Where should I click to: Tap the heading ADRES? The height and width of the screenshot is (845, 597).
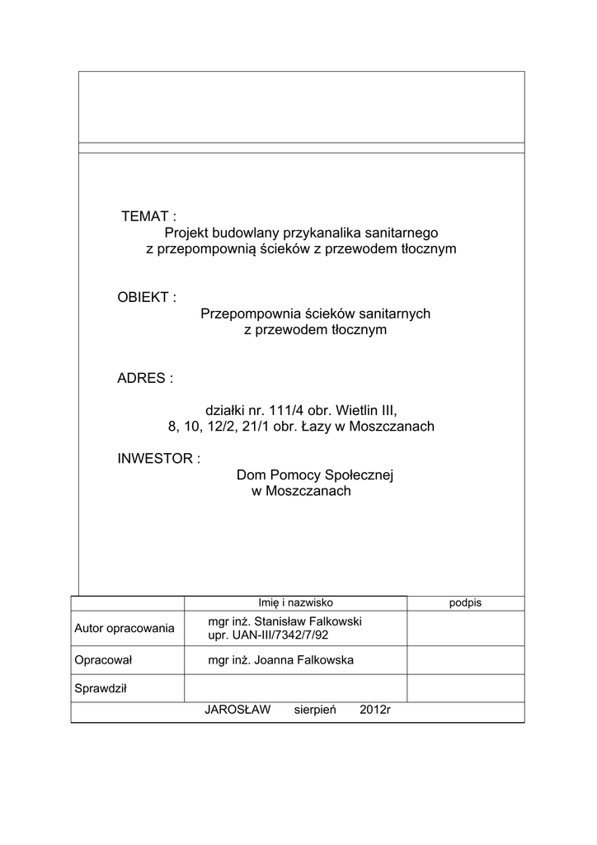(145, 378)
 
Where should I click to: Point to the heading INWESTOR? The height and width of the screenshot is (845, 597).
(158, 458)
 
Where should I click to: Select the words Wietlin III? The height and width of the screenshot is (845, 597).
(365, 410)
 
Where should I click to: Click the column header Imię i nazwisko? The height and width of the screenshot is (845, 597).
(295, 602)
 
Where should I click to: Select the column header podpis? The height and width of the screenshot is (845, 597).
(465, 602)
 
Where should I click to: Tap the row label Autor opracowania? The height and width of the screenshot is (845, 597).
(125, 629)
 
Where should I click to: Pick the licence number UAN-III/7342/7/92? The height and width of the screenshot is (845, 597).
(284, 636)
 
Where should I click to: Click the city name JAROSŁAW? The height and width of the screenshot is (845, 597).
(237, 710)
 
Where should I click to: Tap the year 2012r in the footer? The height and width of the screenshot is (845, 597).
(374, 710)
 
